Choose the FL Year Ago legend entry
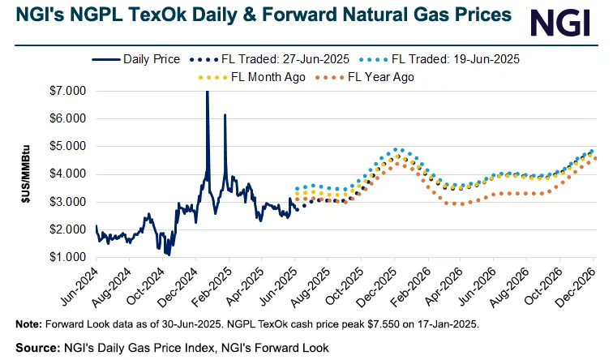(374, 77)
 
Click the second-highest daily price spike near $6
(225, 116)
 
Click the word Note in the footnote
(29, 324)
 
